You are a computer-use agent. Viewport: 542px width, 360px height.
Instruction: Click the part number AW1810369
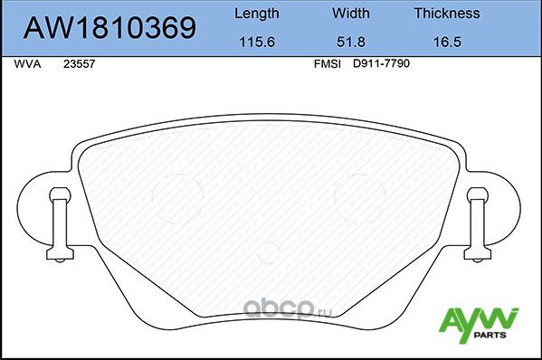point(109,28)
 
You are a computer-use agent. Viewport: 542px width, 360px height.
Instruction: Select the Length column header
point(257,14)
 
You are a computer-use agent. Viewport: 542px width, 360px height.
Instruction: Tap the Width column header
point(352,14)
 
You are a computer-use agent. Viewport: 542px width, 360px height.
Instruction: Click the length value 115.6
point(257,42)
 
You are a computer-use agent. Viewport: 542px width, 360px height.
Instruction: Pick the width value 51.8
point(352,42)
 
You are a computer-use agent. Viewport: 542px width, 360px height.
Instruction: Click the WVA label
point(27,65)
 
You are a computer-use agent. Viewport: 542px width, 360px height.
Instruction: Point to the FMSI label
point(326,65)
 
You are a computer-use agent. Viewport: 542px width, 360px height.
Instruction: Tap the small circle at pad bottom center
point(270,251)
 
